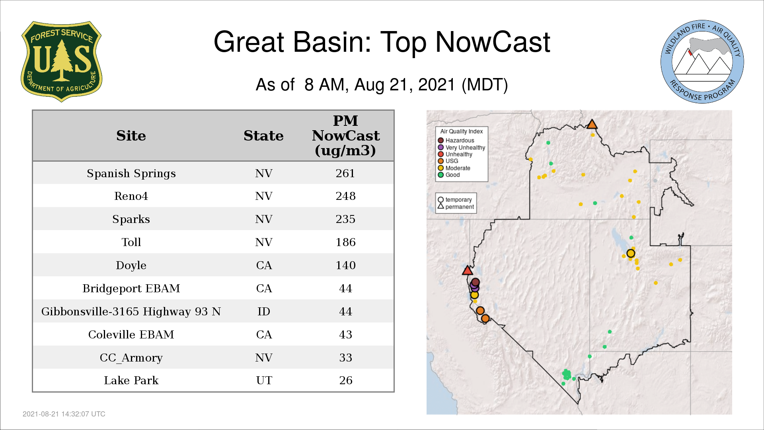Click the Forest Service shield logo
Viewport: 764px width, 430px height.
coord(61,62)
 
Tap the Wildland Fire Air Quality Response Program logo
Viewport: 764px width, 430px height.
coord(702,62)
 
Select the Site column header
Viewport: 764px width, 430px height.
coord(131,136)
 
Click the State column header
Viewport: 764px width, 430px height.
coord(263,136)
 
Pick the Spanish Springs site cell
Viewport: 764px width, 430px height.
coord(131,174)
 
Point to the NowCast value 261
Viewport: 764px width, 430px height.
coord(345,173)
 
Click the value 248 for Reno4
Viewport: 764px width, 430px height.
coord(345,196)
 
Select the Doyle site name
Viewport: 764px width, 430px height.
coord(131,266)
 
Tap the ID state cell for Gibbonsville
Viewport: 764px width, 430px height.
coord(263,311)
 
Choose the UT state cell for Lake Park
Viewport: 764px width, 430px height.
coord(264,380)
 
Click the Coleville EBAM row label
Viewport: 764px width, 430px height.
coord(131,334)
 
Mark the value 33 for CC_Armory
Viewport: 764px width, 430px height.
coord(345,358)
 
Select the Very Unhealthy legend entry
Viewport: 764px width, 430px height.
coord(462,147)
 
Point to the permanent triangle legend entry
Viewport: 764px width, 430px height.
coord(456,207)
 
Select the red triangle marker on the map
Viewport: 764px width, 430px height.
coord(468,271)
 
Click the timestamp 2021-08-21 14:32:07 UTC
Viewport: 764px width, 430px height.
coord(64,414)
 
